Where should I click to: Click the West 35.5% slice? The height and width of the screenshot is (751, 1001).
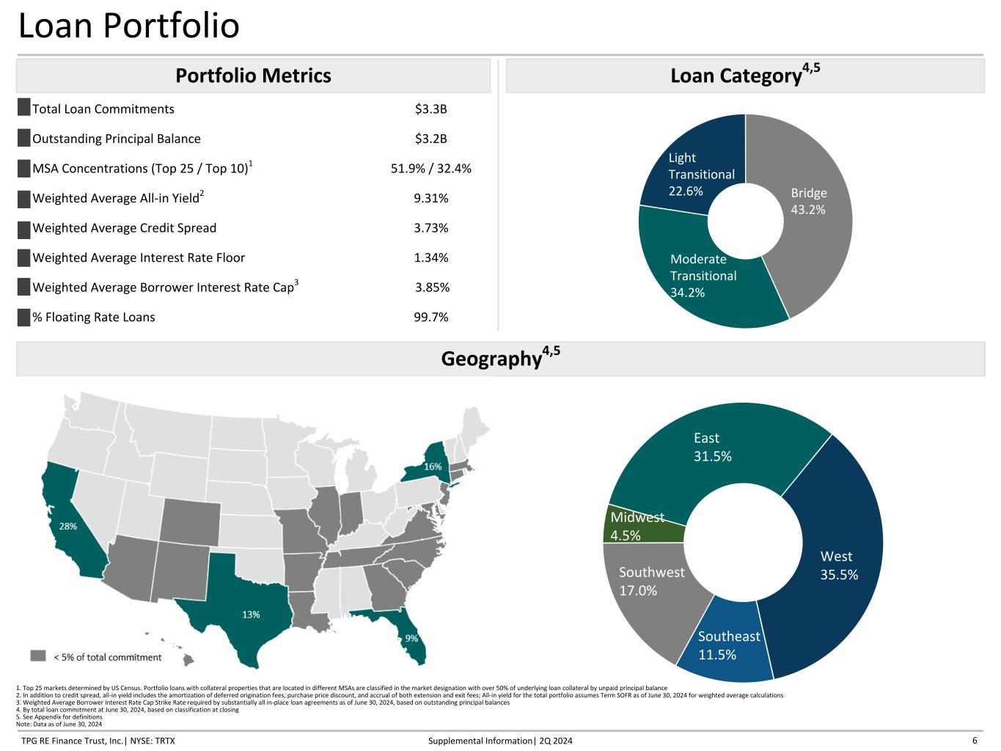pyautogui.click(x=836, y=565)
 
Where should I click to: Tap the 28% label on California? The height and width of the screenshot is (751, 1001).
pyautogui.click(x=67, y=526)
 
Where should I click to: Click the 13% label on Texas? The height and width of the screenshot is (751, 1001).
pyautogui.click(x=251, y=615)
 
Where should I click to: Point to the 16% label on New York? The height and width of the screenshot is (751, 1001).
pyautogui.click(x=433, y=466)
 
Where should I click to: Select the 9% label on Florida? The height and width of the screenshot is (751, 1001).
pyautogui.click(x=411, y=638)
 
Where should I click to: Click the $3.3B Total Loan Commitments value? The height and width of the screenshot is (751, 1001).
pyautogui.click(x=430, y=109)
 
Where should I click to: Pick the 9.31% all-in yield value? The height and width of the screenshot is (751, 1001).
pyautogui.click(x=430, y=198)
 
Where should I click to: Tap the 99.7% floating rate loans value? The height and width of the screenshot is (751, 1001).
pyautogui.click(x=430, y=317)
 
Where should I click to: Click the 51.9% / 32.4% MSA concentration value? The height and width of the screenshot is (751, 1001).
pyautogui.click(x=430, y=169)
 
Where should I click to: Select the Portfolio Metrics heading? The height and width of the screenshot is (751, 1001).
pyautogui.click(x=253, y=76)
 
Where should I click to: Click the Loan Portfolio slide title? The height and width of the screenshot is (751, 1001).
pyautogui.click(x=128, y=26)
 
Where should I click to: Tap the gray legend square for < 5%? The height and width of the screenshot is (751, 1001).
pyautogui.click(x=38, y=656)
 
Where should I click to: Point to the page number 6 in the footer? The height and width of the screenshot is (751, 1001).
pyautogui.click(x=975, y=740)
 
